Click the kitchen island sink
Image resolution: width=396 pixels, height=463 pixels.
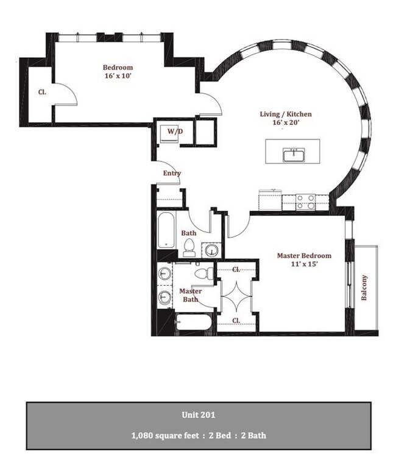pos(294,155)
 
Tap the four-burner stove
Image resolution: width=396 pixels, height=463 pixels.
pos(305,202)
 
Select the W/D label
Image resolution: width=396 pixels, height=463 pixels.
pos(175,132)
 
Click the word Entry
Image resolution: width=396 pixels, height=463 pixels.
pos(172,173)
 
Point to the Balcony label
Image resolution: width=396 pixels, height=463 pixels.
pos(364,288)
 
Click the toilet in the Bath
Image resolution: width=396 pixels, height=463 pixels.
pos(189,247)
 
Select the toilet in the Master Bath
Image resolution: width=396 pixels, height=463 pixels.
pos(204,273)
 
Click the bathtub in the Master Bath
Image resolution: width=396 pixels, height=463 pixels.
pos(193,322)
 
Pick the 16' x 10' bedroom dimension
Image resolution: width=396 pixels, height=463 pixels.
pos(118,76)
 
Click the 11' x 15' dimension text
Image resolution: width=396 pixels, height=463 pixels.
pos(304,264)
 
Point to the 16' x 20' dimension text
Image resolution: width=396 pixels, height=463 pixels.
pos(286,122)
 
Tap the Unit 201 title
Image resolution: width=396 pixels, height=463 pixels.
pos(199,415)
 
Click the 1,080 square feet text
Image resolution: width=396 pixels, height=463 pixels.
pos(165,436)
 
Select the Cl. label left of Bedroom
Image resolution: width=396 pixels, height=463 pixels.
pos(42,92)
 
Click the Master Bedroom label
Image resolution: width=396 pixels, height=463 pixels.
pos(304,255)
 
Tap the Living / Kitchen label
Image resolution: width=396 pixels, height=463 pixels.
pos(286,114)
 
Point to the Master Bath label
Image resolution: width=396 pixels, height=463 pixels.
pos(191,295)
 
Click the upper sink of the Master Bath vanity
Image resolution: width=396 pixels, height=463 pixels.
pos(164,273)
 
